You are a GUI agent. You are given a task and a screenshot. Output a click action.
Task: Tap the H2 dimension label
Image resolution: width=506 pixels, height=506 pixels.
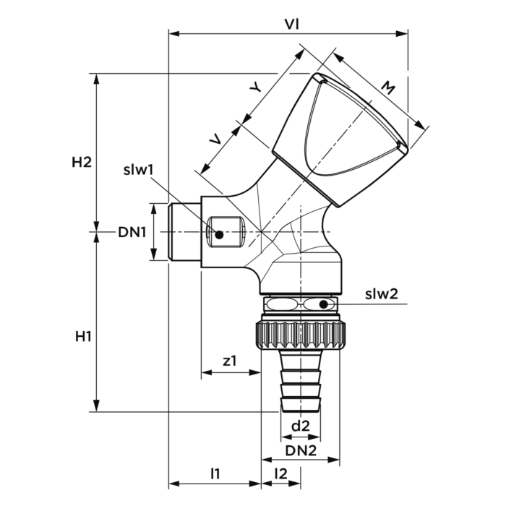tap(82, 162)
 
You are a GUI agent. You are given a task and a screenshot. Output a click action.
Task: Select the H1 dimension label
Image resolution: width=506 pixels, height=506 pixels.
tap(82, 337)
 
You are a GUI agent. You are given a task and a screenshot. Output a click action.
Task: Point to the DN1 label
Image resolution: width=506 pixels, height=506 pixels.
tap(132, 232)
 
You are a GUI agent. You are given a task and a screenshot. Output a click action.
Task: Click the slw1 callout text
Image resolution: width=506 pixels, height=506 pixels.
tap(137, 171)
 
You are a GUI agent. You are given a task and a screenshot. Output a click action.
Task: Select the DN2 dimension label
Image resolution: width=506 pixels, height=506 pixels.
tap(300, 450)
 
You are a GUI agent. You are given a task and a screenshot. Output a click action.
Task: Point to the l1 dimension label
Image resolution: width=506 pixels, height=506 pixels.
tap(215, 474)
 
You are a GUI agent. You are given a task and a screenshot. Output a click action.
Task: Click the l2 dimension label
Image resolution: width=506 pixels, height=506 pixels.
tap(281, 474)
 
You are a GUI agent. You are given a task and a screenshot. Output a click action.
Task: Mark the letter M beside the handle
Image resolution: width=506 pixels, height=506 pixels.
tap(387, 90)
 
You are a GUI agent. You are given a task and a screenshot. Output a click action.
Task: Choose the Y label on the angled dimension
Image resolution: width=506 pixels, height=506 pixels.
tap(254, 87)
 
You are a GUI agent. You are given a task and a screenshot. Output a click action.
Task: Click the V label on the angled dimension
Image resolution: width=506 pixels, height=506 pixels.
tap(215, 139)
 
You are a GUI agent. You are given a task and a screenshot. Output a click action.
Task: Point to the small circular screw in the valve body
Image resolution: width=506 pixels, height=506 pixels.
tap(219, 233)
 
